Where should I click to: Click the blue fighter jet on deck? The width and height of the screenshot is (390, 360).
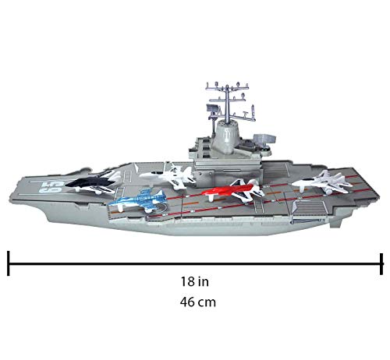(x=139, y=201)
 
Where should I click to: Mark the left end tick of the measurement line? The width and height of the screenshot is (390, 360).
(x=9, y=260)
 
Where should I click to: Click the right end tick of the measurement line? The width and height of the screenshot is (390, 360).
(x=381, y=260)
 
